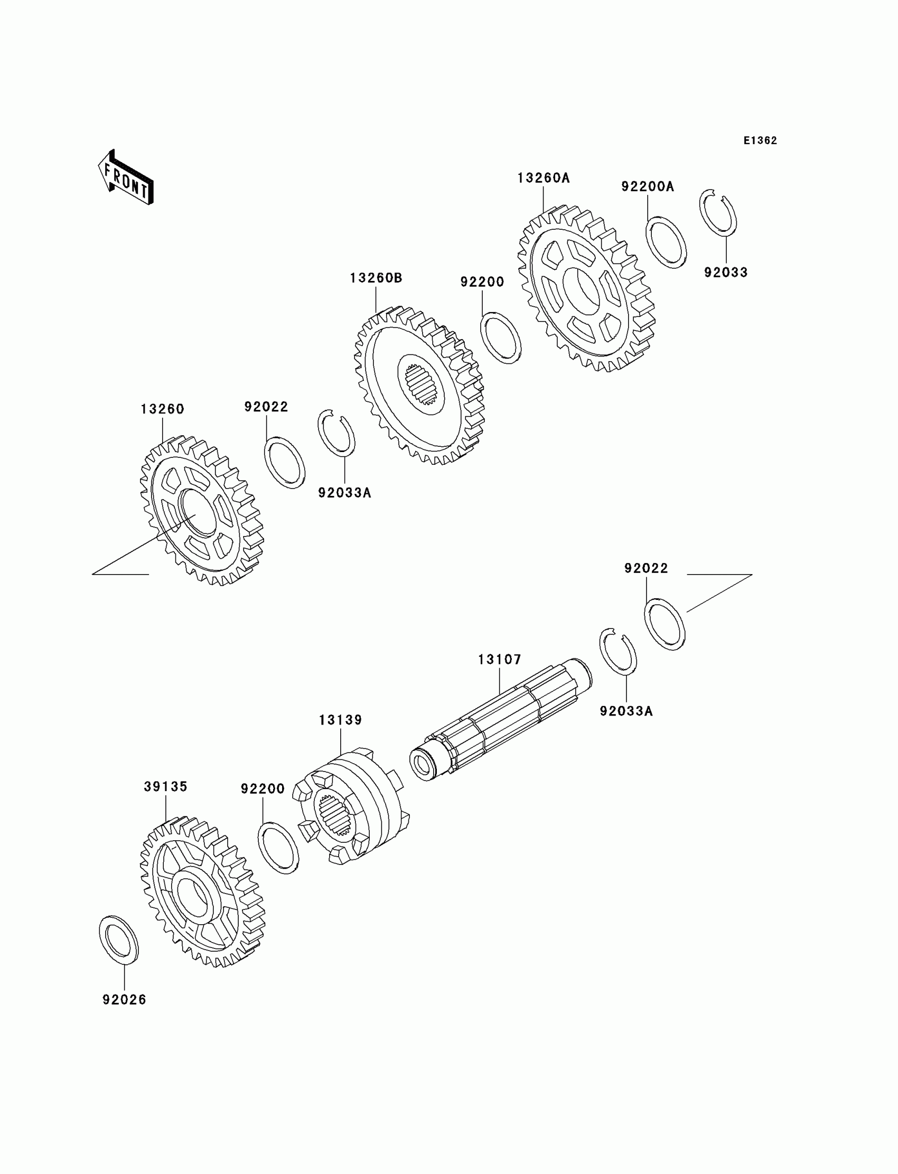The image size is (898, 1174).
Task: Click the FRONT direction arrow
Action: pyautogui.click(x=126, y=177)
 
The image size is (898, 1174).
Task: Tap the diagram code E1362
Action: pyautogui.click(x=760, y=140)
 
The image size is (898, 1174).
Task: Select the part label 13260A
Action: pyautogui.click(x=543, y=178)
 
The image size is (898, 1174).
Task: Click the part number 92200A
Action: pyautogui.click(x=647, y=186)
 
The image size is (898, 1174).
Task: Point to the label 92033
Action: pyautogui.click(x=725, y=272)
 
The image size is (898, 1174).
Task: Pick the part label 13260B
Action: pyautogui.click(x=376, y=278)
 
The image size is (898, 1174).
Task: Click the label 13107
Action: pyautogui.click(x=499, y=660)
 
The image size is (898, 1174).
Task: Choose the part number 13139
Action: pyautogui.click(x=341, y=720)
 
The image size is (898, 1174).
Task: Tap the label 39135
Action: pyautogui.click(x=166, y=786)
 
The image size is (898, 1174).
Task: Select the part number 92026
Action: pyautogui.click(x=125, y=1000)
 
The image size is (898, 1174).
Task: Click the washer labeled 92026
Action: pyautogui.click(x=119, y=940)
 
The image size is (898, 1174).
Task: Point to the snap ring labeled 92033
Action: pyautogui.click(x=718, y=212)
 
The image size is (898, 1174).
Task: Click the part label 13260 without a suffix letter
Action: pyautogui.click(x=163, y=409)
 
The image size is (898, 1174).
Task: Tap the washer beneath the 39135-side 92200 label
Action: pyautogui.click(x=278, y=848)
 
